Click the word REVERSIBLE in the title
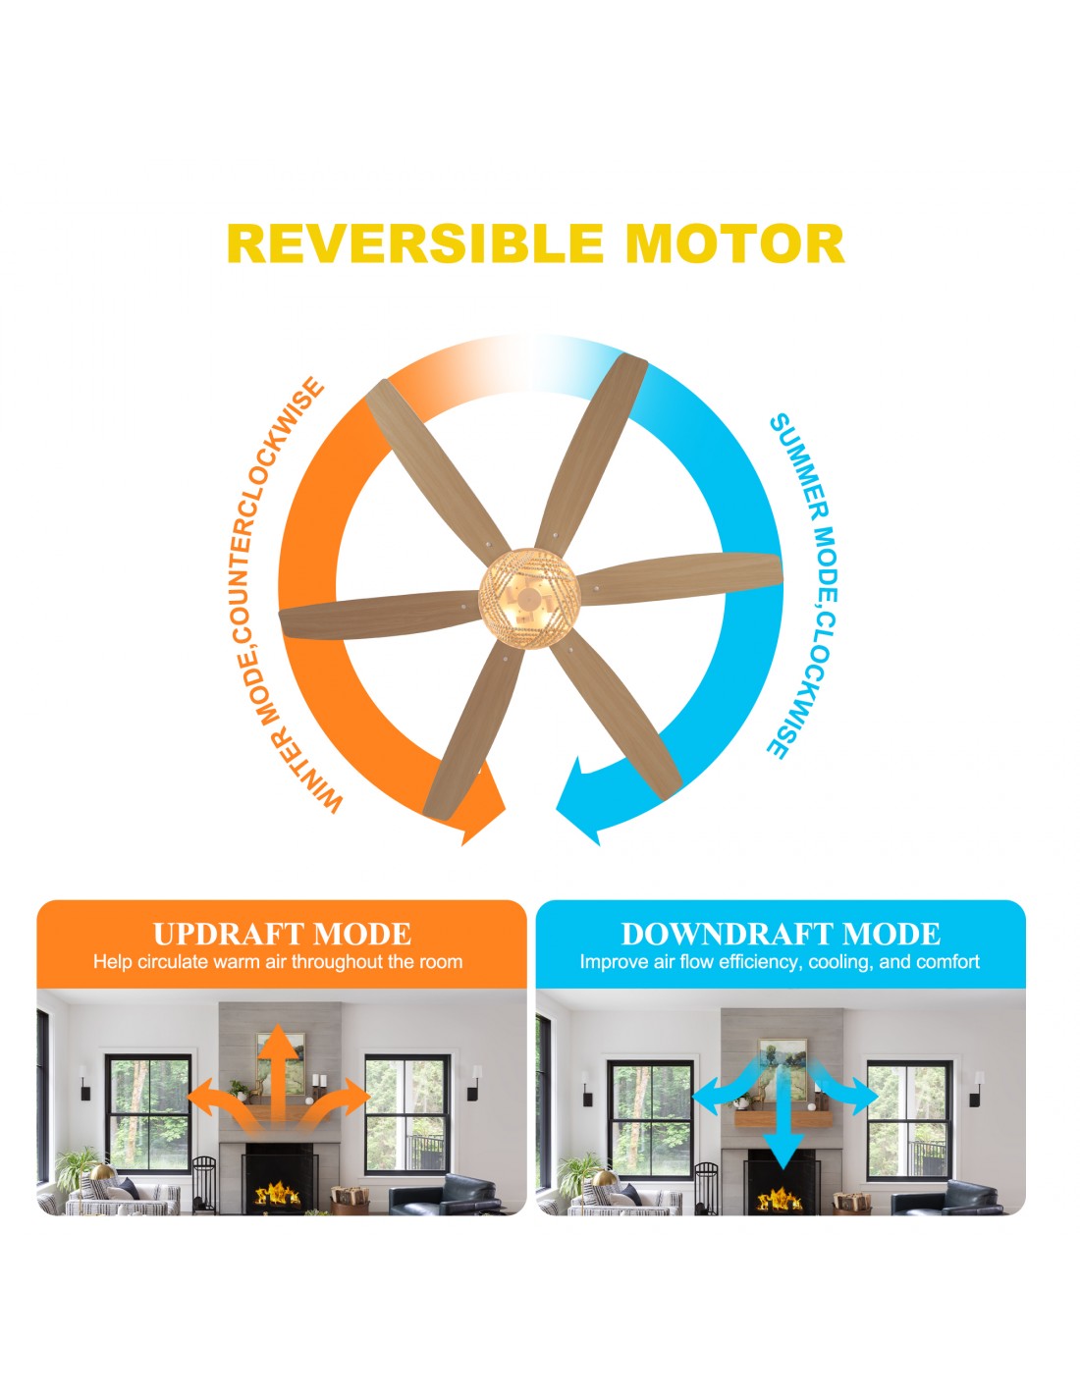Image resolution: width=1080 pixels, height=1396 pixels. click(414, 244)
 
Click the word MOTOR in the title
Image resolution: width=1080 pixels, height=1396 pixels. click(734, 244)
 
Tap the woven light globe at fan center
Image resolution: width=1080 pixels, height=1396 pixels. click(529, 598)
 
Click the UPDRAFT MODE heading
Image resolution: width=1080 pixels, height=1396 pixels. click(282, 934)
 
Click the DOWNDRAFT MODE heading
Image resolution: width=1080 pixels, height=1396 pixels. click(781, 934)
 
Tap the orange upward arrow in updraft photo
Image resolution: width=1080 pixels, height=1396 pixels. click(279, 1078)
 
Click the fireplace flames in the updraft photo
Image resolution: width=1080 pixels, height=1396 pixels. click(278, 1194)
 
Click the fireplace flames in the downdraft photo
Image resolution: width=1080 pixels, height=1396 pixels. click(780, 1198)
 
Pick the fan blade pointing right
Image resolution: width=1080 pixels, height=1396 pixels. click(679, 577)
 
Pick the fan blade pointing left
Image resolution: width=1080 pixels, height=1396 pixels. click(380, 615)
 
